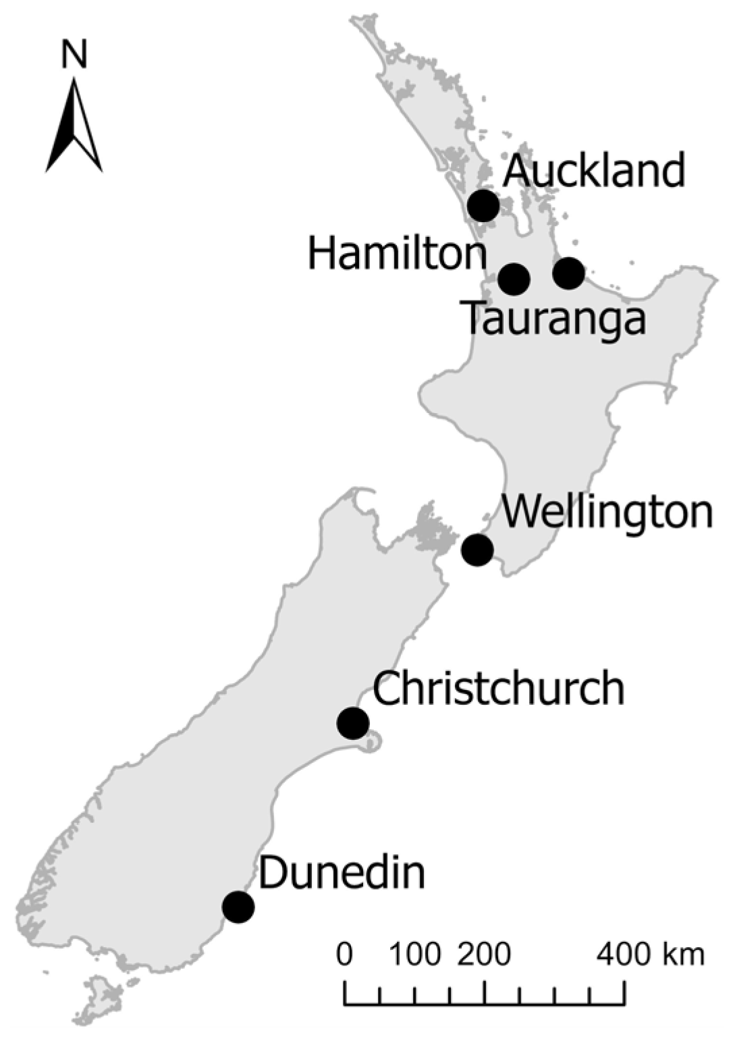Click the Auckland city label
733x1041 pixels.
(x=594, y=170)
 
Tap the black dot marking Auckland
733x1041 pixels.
(x=484, y=205)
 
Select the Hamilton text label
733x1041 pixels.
(x=397, y=255)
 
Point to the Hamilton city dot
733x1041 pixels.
(x=514, y=278)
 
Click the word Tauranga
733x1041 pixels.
(x=554, y=319)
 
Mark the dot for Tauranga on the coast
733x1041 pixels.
(x=568, y=273)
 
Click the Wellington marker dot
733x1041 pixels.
(x=477, y=550)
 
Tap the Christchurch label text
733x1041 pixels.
(x=498, y=689)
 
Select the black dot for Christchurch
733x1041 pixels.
(x=353, y=724)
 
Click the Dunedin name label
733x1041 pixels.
(x=342, y=873)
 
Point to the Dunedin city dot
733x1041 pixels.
(x=238, y=907)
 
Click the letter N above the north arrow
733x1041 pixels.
(x=74, y=54)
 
